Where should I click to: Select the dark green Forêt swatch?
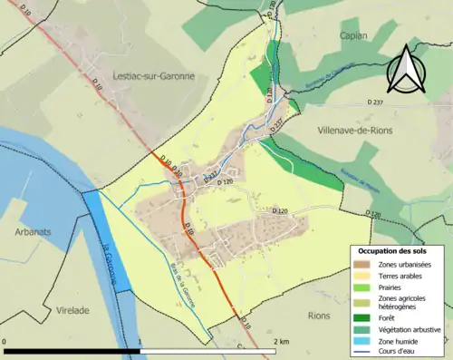pos(362,317)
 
